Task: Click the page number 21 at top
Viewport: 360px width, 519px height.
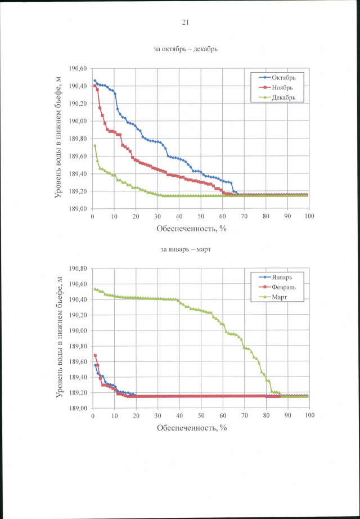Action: pyautogui.click(x=185, y=23)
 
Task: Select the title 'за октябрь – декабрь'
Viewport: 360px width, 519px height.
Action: pyautogui.click(x=186, y=48)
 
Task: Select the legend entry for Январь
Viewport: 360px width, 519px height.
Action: pyautogui.click(x=280, y=277)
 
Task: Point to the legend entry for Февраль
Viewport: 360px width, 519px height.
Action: pyautogui.click(x=281, y=287)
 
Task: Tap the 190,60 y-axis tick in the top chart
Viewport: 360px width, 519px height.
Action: pyautogui.click(x=78, y=69)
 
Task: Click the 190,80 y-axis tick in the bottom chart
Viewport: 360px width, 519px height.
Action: pyautogui.click(x=78, y=269)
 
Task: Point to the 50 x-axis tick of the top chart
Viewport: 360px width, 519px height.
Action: pyautogui.click(x=201, y=216)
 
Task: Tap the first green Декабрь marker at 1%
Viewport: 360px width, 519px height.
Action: pyautogui.click(x=94, y=145)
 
